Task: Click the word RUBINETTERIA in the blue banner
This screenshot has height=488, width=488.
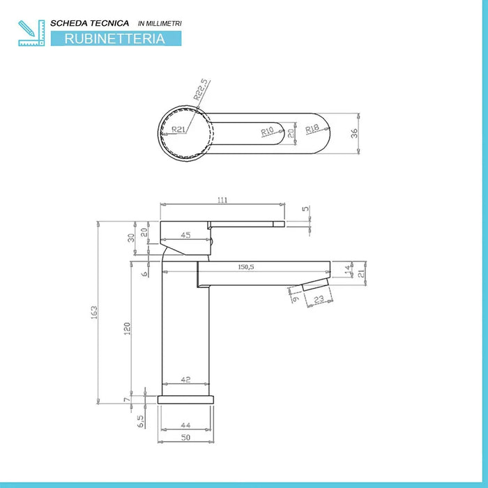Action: tap(114, 39)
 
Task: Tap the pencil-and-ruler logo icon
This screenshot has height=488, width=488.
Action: tap(31, 33)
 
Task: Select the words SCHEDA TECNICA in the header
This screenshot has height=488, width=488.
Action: tap(89, 24)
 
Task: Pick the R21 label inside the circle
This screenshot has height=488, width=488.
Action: tap(178, 129)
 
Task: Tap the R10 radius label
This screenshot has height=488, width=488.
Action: tap(267, 130)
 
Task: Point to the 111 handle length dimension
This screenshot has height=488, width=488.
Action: tap(222, 200)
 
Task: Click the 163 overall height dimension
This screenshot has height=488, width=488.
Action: tap(95, 313)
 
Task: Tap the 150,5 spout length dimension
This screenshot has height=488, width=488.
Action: tap(245, 267)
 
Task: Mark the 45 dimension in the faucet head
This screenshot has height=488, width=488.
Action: tap(185, 236)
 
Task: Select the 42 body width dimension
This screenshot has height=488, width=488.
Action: tap(185, 380)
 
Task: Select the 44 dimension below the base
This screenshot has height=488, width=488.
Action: tap(185, 424)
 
